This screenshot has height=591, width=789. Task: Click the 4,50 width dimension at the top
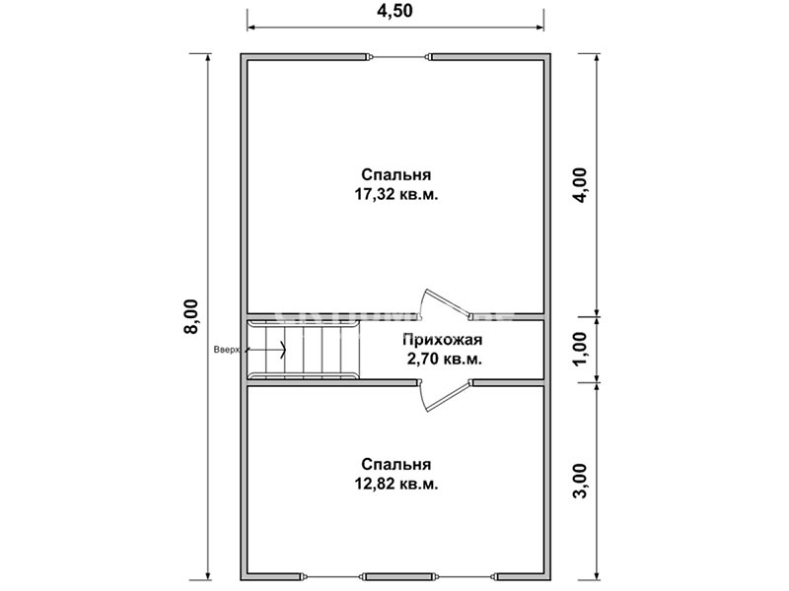click(x=394, y=11)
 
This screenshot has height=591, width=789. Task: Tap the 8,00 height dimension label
click(x=191, y=316)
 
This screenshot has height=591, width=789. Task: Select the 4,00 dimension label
click(x=581, y=185)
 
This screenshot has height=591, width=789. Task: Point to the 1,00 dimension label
click(x=581, y=349)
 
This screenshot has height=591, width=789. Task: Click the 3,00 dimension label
click(x=581, y=481)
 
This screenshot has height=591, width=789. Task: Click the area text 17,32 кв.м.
click(x=396, y=194)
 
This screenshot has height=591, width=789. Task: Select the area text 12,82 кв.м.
click(x=396, y=484)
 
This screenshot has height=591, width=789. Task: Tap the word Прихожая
click(x=442, y=340)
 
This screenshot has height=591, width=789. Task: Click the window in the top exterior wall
click(x=398, y=57)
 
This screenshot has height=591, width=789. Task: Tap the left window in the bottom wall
click(x=332, y=575)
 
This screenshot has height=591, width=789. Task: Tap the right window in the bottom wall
click(x=466, y=575)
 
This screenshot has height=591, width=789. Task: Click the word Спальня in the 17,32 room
click(x=396, y=175)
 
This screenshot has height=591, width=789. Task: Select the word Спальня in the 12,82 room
click(x=396, y=464)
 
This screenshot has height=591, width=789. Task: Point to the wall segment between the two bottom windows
click(x=399, y=575)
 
